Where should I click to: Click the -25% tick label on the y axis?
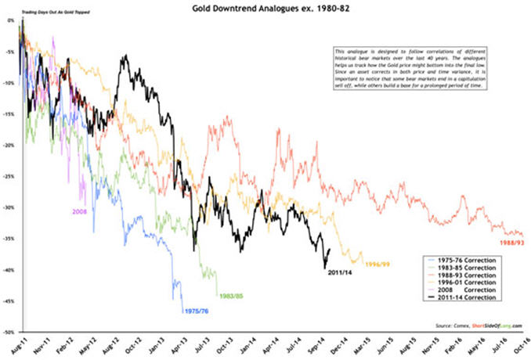tap(9, 177)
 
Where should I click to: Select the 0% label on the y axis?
tap(11, 20)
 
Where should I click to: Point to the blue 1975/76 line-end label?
tap(197, 311)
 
